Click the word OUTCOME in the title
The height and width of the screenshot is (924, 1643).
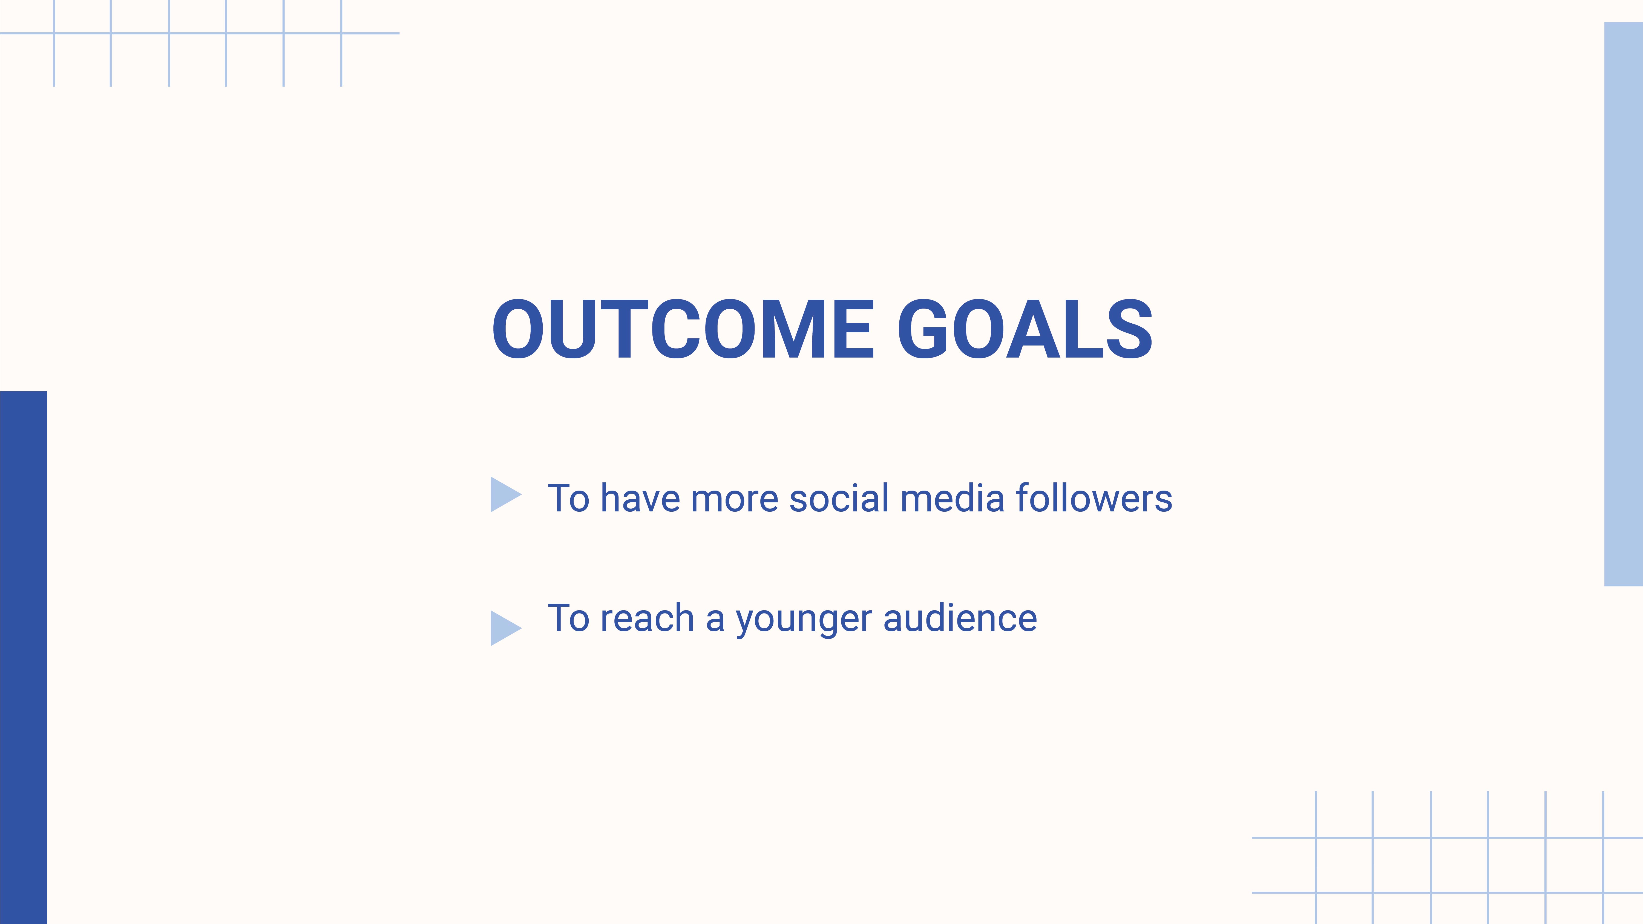pyautogui.click(x=683, y=329)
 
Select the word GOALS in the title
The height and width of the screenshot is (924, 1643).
pyautogui.click(x=1025, y=329)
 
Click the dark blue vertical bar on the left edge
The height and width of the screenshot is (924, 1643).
pyautogui.click(x=24, y=657)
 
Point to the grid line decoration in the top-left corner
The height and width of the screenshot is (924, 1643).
pyautogui.click(x=198, y=33)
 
